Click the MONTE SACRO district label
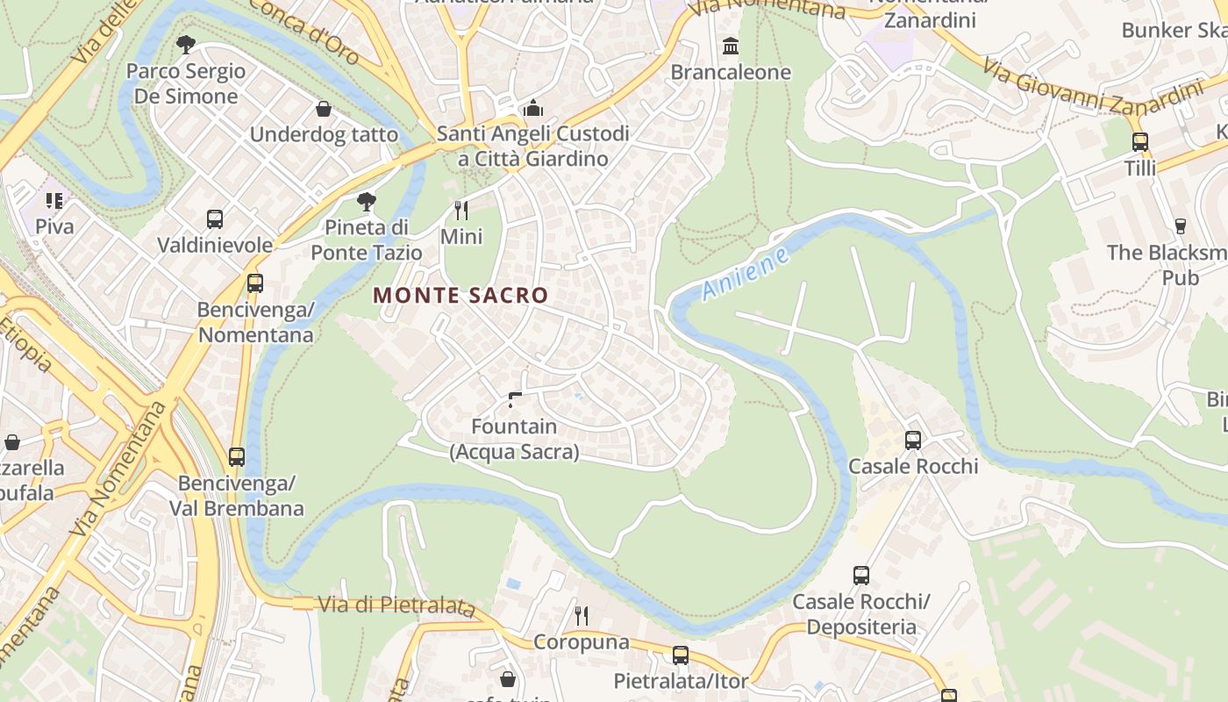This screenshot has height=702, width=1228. tap(460, 296)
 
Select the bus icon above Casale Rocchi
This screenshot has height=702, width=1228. tap(913, 440)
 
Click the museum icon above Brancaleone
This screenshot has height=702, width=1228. tap(731, 46)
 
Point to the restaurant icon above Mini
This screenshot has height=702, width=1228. tap(461, 210)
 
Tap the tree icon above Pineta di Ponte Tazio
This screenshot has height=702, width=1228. tap(367, 202)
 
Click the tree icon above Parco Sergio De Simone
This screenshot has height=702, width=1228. tap(185, 44)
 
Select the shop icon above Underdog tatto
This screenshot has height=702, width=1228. tap(324, 109)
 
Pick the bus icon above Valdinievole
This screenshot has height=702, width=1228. tap(215, 218)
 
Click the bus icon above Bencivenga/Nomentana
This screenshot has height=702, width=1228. tap(255, 283)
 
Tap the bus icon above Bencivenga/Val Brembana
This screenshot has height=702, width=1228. tap(237, 456)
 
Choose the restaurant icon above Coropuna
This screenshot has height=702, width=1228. tap(582, 615)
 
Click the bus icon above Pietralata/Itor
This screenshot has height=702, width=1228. tap(681, 655)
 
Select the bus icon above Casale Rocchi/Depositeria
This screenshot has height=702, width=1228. tap(861, 575)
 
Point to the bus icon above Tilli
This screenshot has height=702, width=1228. tap(1140, 141)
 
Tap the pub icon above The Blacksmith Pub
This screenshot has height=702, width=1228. tap(1181, 226)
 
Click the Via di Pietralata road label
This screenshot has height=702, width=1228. tap(396, 605)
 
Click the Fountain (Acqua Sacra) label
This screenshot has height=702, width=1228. tap(514, 439)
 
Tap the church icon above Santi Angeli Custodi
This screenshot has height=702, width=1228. tap(532, 109)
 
